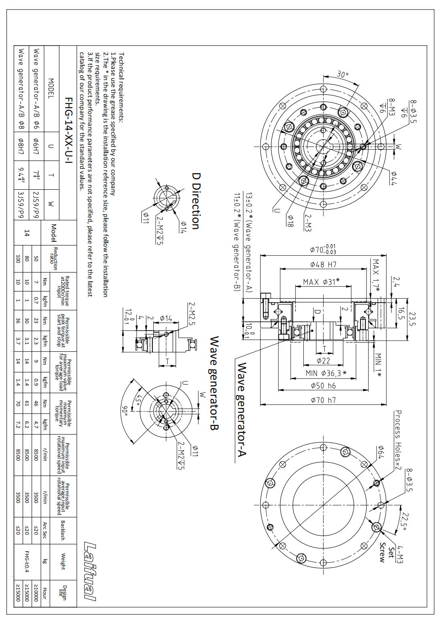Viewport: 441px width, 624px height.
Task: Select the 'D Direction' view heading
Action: (196, 201)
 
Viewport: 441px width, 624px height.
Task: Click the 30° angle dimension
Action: (343, 74)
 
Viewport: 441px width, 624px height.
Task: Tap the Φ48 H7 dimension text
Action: (323, 264)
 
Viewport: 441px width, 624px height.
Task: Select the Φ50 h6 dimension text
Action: (323, 386)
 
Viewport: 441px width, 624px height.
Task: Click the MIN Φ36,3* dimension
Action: (326, 373)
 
